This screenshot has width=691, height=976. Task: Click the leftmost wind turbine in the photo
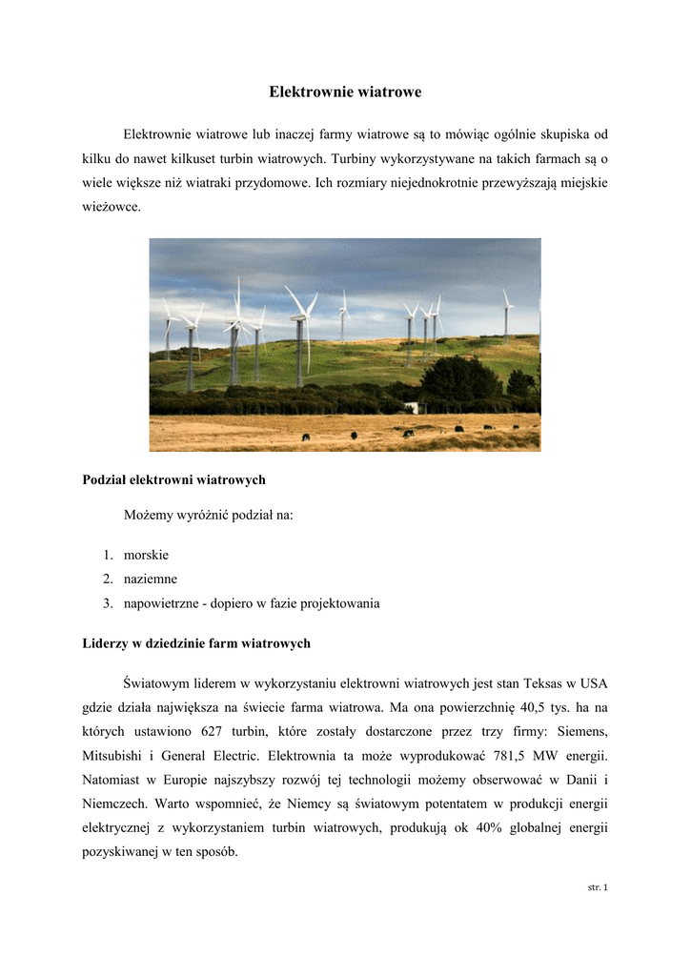(x=168, y=329)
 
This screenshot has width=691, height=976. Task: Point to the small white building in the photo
(x=411, y=407)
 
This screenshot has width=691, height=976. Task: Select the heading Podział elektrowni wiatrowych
(x=174, y=479)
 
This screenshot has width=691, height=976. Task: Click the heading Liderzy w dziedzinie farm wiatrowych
(x=197, y=643)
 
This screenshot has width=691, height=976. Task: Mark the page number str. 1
(x=598, y=887)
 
